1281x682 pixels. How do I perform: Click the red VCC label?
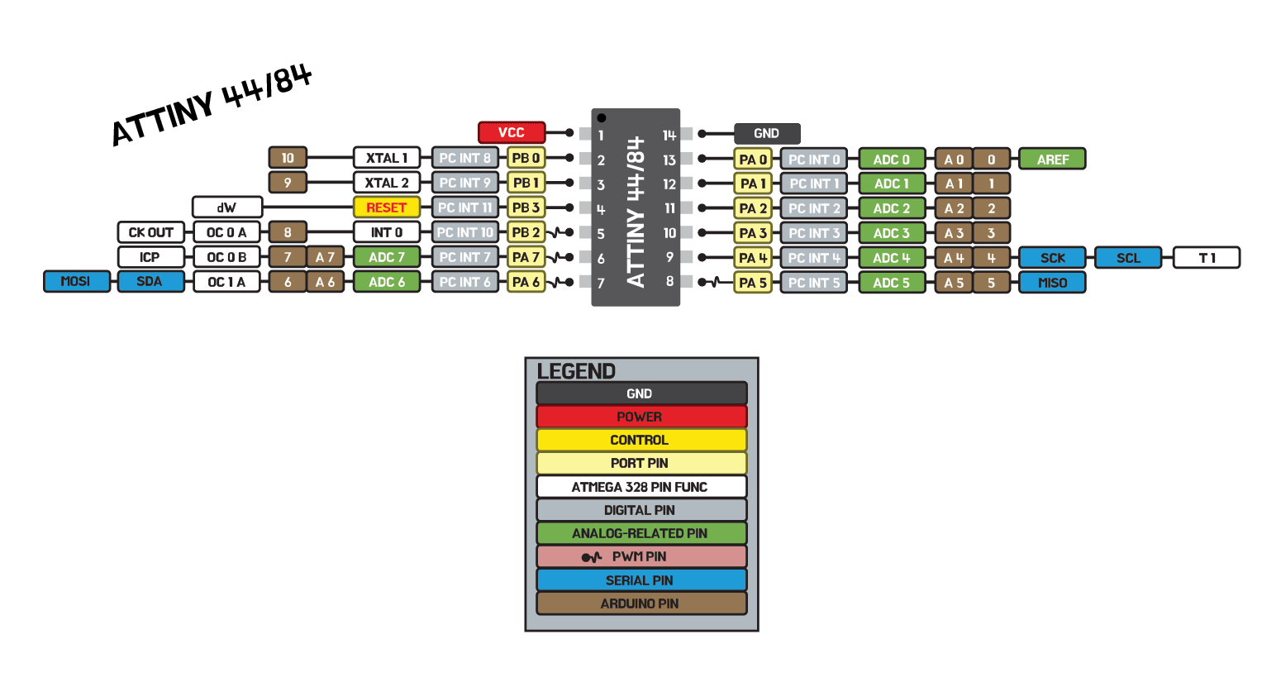tap(512, 132)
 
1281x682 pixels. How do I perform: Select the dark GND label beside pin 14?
tap(766, 133)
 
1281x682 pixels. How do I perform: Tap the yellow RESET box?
tap(386, 207)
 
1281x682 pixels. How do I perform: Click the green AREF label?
tap(1052, 159)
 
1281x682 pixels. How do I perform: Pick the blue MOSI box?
tap(76, 282)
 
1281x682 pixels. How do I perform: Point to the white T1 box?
tap(1207, 258)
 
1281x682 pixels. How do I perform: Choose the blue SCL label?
tap(1128, 258)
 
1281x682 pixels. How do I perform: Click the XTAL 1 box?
tap(386, 158)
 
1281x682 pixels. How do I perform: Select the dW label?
tap(226, 207)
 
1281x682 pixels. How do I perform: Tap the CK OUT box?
tap(150, 232)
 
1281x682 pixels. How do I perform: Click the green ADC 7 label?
tap(386, 257)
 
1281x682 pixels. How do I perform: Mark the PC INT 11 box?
tap(464, 207)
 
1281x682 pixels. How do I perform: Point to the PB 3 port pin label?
tap(526, 207)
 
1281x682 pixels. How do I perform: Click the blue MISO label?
tap(1052, 283)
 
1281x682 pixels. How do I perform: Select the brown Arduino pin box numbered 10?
tap(288, 158)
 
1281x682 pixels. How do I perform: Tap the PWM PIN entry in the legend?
tap(640, 556)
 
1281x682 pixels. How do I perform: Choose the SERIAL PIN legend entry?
tap(640, 580)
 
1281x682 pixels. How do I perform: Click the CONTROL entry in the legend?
tap(640, 440)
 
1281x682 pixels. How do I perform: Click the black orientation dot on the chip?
tap(602, 118)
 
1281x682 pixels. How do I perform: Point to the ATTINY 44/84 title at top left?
tap(212, 105)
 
